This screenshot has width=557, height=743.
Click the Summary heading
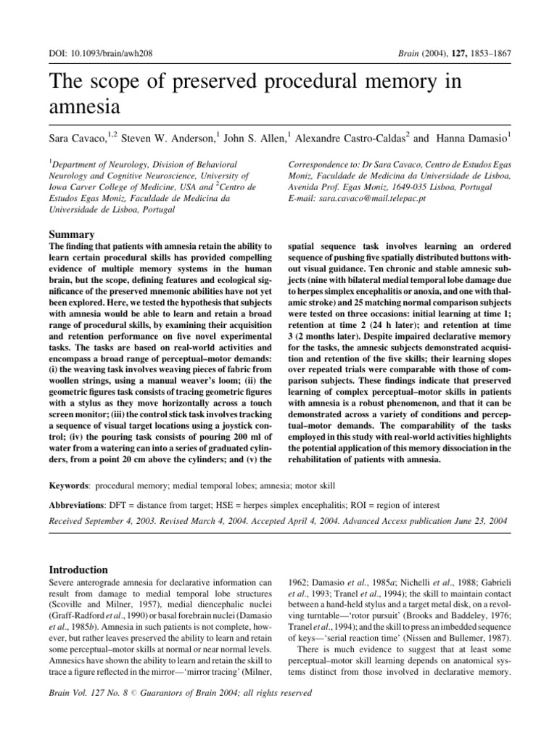[72, 235]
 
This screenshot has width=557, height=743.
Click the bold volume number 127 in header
[449, 54]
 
